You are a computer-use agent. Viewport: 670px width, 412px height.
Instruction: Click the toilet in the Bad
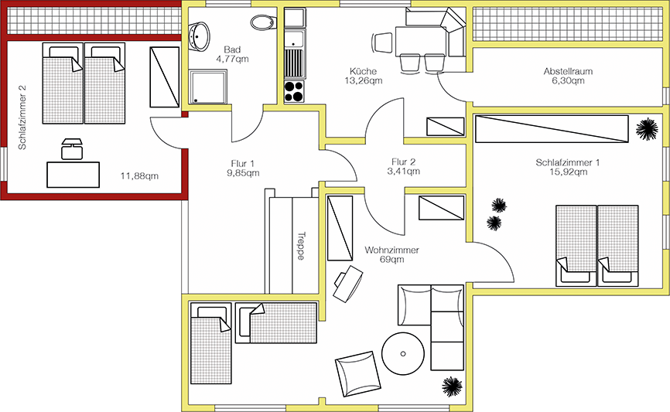(x=262, y=22)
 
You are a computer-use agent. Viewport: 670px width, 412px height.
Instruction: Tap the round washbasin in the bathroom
(x=199, y=36)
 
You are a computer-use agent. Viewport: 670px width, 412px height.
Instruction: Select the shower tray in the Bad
(x=207, y=87)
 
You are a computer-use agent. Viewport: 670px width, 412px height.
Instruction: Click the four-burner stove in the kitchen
(x=294, y=91)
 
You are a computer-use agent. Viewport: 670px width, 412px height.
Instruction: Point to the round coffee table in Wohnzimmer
(x=403, y=353)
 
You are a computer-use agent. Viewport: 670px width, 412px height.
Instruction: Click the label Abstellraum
(x=568, y=71)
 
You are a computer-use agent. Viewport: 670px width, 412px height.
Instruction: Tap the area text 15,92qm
(x=569, y=172)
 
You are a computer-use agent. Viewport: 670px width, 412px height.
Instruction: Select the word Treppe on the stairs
(x=301, y=246)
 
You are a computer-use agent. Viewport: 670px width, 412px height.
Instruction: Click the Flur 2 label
(x=403, y=162)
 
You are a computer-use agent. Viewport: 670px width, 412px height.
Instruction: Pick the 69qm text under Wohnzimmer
(x=391, y=259)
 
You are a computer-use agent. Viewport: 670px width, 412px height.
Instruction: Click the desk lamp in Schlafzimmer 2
(x=71, y=149)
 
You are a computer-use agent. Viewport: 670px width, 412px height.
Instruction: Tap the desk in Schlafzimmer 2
(x=73, y=175)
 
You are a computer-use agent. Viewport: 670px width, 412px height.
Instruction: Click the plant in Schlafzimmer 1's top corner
(x=647, y=129)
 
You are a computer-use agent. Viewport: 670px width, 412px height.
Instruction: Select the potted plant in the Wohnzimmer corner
(x=452, y=386)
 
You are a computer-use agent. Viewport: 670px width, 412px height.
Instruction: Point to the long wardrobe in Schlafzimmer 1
(x=552, y=128)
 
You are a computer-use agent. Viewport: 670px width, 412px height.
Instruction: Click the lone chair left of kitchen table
(x=382, y=43)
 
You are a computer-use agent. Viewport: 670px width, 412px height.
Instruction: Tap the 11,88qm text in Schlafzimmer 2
(x=139, y=176)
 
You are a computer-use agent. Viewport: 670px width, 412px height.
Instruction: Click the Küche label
(x=363, y=71)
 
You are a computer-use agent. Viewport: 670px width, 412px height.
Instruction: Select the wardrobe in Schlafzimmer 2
(x=165, y=77)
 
